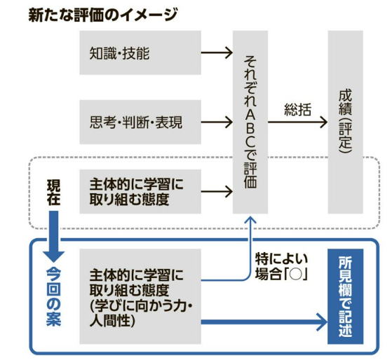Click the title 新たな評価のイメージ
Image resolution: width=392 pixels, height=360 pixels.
pyautogui.click(x=103, y=15)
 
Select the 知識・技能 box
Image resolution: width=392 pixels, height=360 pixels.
pyautogui.click(x=140, y=53)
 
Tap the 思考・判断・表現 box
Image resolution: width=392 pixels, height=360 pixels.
pyautogui.click(x=140, y=122)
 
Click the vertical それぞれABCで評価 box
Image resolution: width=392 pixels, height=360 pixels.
pyautogui.click(x=250, y=122)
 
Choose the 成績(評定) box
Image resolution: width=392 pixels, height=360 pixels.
pyautogui.click(x=346, y=122)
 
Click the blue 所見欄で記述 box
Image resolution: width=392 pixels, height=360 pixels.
pyautogui.click(x=346, y=296)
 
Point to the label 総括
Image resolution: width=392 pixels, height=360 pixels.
pyautogui.click(x=298, y=109)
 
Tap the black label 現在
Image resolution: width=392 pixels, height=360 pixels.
pyautogui.click(x=54, y=192)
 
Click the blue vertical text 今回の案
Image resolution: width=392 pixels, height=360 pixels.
pyautogui.click(x=54, y=297)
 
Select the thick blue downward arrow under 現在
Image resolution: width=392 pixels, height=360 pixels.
pyautogui.click(x=54, y=236)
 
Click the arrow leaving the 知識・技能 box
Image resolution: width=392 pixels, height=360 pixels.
pyautogui.click(x=217, y=53)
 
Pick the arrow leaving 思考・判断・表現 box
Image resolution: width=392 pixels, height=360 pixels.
pyautogui.click(x=217, y=122)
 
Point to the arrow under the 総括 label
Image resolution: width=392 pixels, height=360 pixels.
pyautogui.click(x=297, y=122)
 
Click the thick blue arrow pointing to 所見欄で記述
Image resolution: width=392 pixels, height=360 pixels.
pyautogui.click(x=264, y=322)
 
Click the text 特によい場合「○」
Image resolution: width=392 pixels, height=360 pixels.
pyautogui.click(x=281, y=267)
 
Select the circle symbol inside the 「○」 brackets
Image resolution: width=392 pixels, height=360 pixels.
pyautogui.click(x=295, y=275)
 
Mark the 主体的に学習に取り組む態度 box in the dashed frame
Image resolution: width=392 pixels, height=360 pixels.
pyautogui.click(x=140, y=191)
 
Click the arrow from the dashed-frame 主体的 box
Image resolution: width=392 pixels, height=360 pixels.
pyautogui.click(x=217, y=192)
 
